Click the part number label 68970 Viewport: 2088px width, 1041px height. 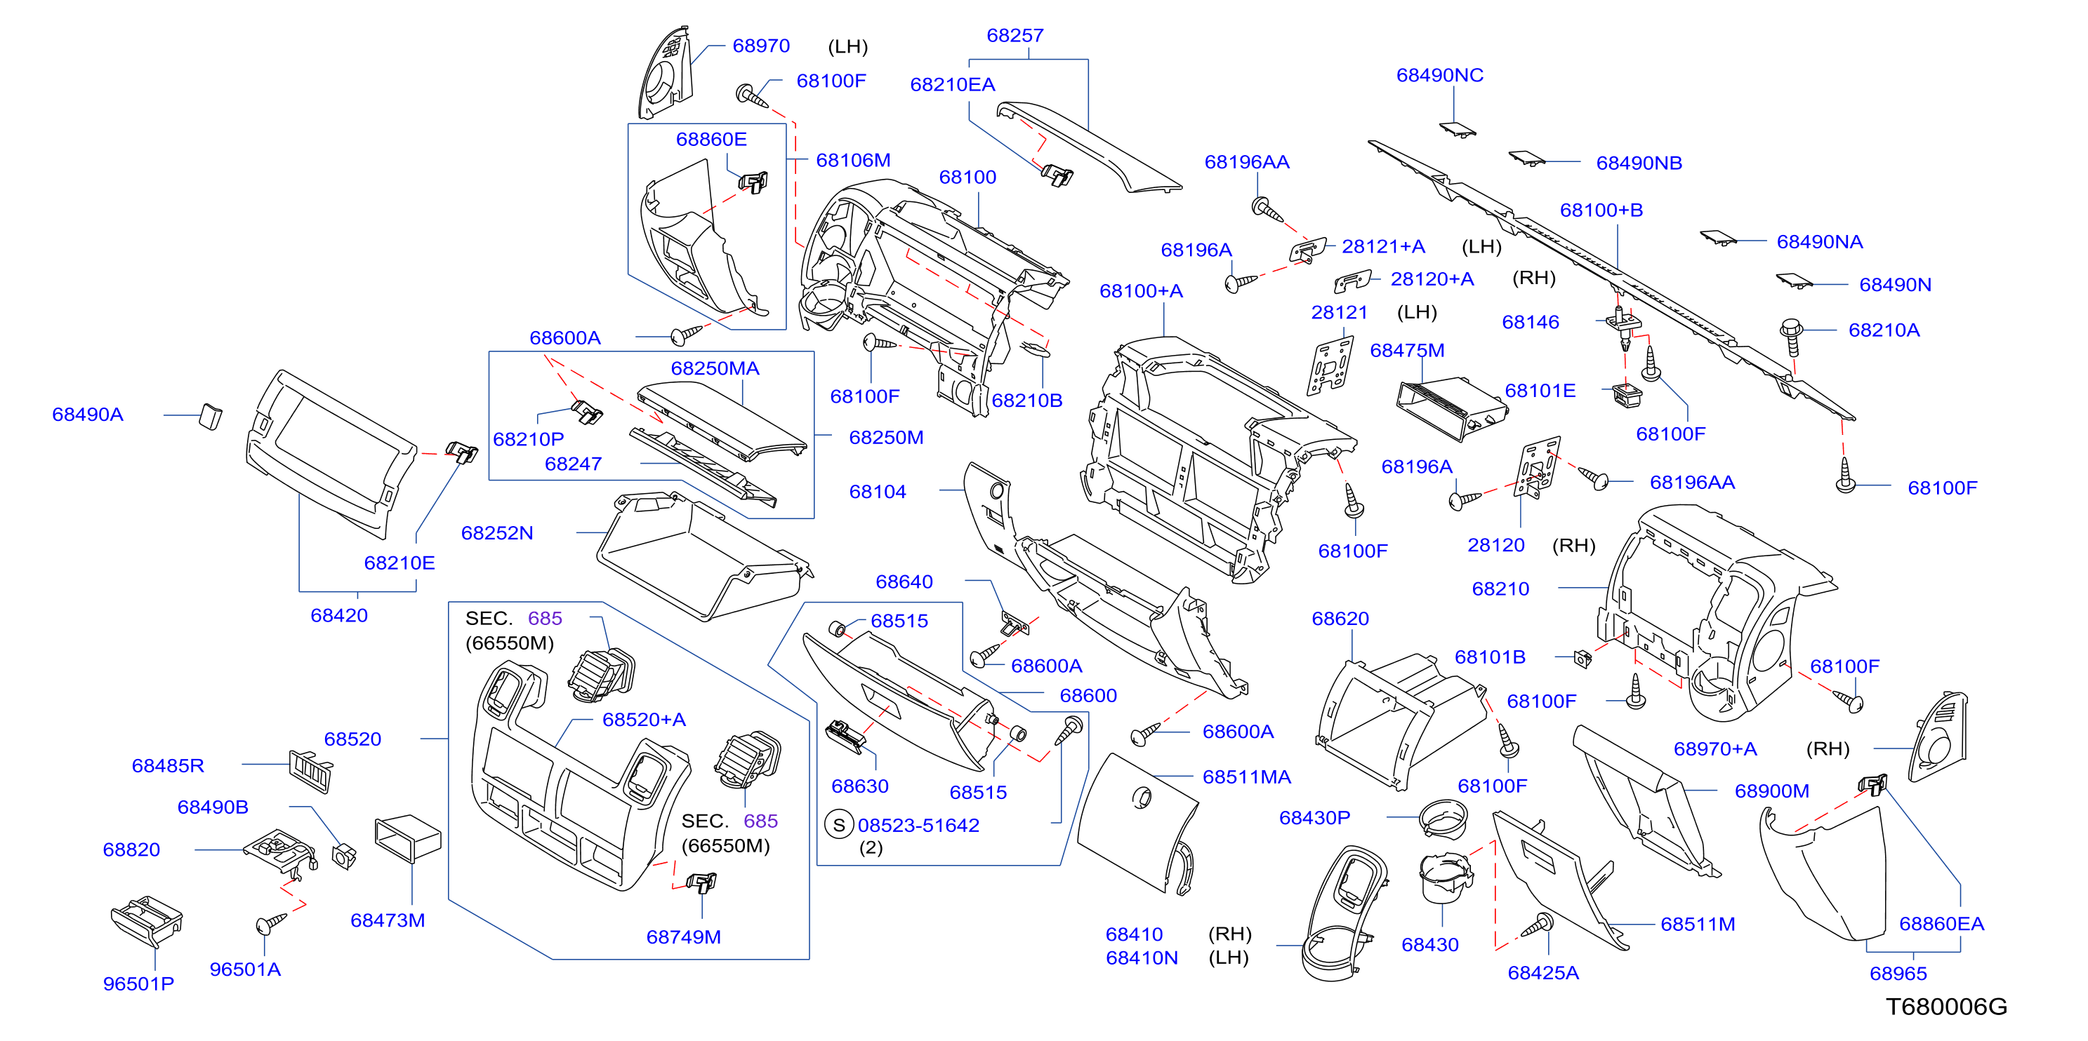pyautogui.click(x=761, y=46)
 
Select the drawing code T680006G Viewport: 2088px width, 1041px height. pyautogui.click(x=1946, y=1007)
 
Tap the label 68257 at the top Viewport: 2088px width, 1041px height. pyautogui.click(x=1015, y=36)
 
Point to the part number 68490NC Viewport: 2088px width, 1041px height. pyautogui.click(x=1439, y=75)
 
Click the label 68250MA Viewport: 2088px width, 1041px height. pyautogui.click(x=715, y=368)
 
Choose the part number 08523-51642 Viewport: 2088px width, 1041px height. pyautogui.click(x=918, y=826)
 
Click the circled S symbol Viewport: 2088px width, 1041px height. pyautogui.click(x=839, y=826)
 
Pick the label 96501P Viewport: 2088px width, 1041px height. pyautogui.click(x=138, y=983)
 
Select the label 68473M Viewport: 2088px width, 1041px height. pyautogui.click(x=388, y=920)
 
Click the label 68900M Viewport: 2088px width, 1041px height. pyautogui.click(x=1772, y=791)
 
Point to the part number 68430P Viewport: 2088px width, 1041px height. pyautogui.click(x=1315, y=818)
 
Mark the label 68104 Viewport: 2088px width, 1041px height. pyautogui.click(x=878, y=492)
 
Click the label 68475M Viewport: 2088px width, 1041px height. pyautogui.click(x=1407, y=351)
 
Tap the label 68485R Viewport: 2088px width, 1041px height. pyautogui.click(x=168, y=765)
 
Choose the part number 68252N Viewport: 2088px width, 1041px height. pyautogui.click(x=497, y=533)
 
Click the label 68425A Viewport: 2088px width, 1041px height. pyautogui.click(x=1543, y=973)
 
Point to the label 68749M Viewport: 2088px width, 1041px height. pyautogui.click(x=683, y=937)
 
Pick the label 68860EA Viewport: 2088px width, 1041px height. pyautogui.click(x=1942, y=924)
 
